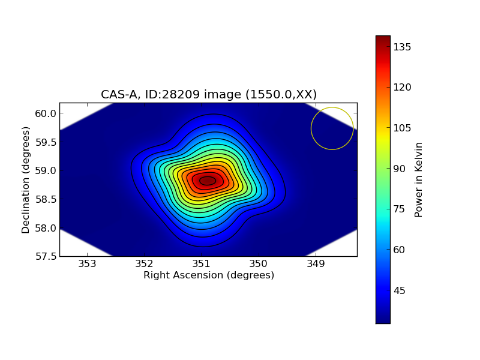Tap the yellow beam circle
coord(332,128)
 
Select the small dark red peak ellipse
coord(208,181)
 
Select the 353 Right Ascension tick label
coord(87,264)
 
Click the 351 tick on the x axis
coord(201,264)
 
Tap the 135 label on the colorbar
coord(402,47)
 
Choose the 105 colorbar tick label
coord(402,128)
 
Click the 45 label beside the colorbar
coord(400,290)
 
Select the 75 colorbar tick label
coord(400,209)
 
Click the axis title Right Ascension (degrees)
coord(208,275)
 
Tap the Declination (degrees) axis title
coord(26,179)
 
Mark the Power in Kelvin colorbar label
coord(419,179)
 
